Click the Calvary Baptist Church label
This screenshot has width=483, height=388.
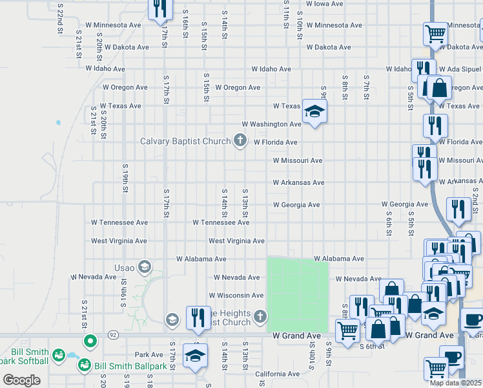186,141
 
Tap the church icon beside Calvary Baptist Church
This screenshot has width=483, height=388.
240,140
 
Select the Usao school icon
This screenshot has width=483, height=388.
144,266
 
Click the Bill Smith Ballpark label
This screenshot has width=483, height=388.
131,367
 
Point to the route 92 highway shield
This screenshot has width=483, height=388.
112,335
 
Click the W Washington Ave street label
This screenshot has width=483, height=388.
272,124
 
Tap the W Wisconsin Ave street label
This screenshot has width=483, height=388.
236,296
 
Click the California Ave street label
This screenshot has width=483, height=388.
277,374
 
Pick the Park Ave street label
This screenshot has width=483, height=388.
149,354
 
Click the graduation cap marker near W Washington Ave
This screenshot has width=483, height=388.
314,112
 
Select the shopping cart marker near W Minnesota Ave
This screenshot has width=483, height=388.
436,32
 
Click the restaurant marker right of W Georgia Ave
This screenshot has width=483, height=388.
458,209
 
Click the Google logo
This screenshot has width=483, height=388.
22,380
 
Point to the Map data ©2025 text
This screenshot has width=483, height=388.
456,383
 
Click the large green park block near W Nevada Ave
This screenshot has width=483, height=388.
298,294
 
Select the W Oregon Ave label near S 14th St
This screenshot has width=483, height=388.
238,87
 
